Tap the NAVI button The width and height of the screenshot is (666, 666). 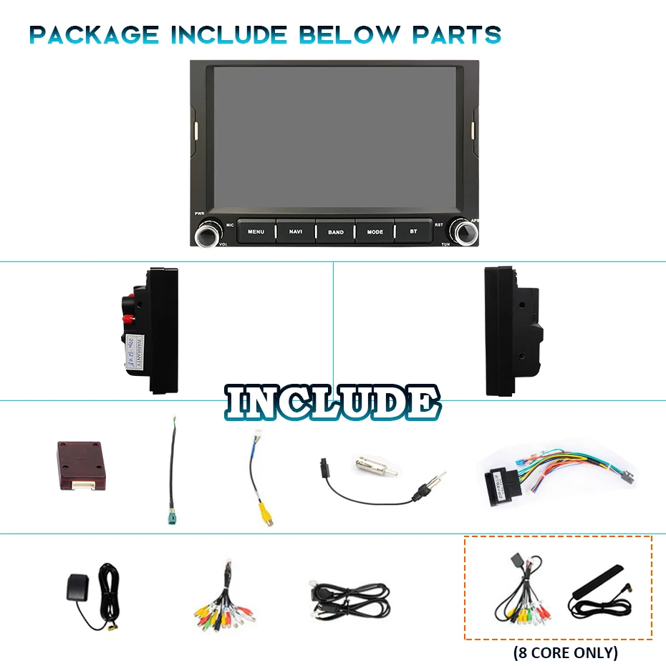click(x=296, y=231)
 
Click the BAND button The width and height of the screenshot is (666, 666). click(x=335, y=231)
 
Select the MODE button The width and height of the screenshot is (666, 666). click(x=375, y=231)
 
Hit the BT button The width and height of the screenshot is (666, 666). click(x=413, y=231)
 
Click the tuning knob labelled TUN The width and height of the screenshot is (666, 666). click(x=464, y=231)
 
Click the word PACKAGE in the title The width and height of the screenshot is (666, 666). click(x=94, y=34)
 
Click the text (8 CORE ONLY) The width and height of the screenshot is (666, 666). click(x=565, y=652)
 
